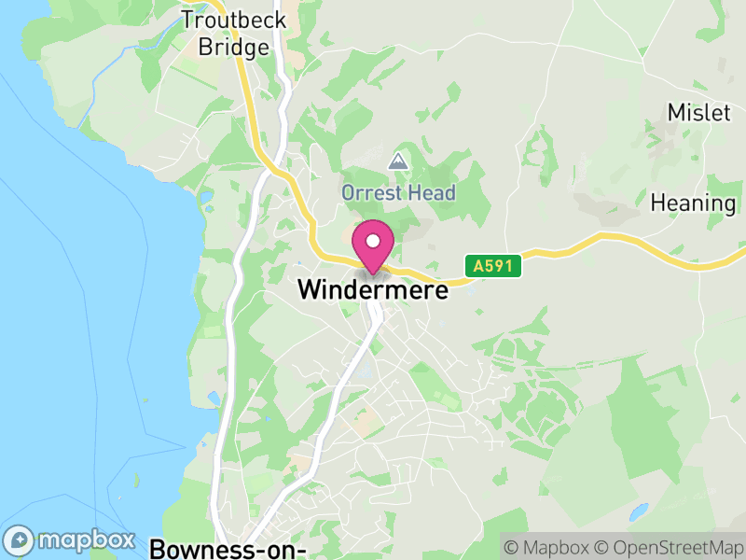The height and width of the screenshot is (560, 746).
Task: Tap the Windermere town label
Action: [x=373, y=290]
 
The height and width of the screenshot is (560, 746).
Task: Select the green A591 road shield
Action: [x=492, y=267]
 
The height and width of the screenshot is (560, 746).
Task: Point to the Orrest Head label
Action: [x=398, y=193]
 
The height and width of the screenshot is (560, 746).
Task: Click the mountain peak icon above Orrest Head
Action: [x=398, y=161]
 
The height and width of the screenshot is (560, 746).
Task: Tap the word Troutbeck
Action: [x=234, y=20]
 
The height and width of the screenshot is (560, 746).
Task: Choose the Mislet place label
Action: [x=698, y=113]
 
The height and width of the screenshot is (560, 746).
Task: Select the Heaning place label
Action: [x=693, y=203]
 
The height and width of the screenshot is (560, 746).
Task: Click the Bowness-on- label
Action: [x=229, y=548]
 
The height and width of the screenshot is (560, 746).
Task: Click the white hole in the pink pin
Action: [x=373, y=241]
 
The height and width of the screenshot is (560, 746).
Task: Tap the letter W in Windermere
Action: [x=308, y=290]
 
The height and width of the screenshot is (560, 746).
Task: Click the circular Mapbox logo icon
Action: [x=20, y=540]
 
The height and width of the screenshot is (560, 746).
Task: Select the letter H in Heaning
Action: [x=658, y=203]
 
